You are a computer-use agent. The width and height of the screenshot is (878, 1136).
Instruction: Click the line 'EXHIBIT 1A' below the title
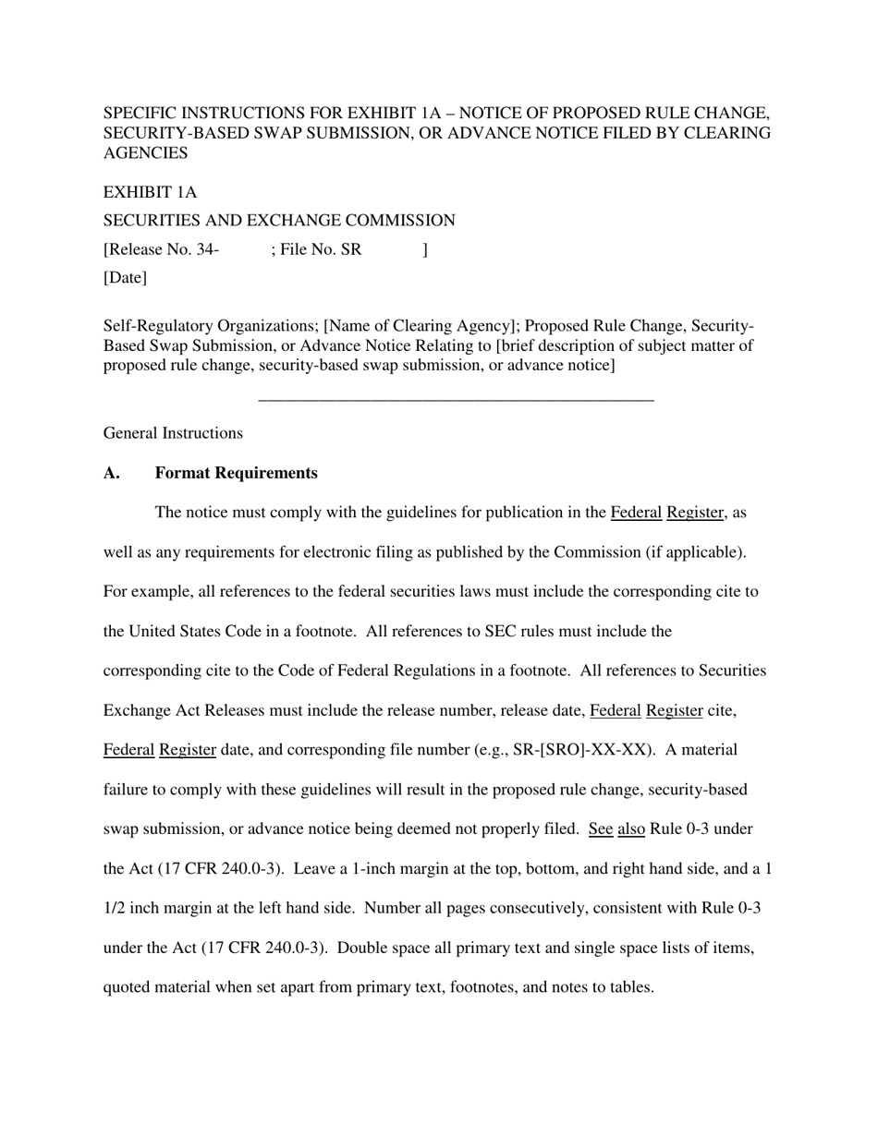tap(150, 192)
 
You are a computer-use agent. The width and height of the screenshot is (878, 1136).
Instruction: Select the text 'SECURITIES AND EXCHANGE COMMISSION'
tap(279, 221)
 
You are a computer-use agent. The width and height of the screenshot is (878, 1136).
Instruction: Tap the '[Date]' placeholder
tap(125, 277)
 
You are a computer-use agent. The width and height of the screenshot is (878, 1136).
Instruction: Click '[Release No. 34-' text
tap(161, 249)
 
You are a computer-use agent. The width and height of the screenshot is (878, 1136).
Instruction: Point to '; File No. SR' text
tap(316, 249)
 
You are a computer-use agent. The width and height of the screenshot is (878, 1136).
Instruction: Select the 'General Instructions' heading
tap(173, 433)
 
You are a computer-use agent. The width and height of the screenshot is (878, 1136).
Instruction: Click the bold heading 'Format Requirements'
tap(236, 473)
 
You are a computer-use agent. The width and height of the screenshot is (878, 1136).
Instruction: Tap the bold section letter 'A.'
tap(112, 473)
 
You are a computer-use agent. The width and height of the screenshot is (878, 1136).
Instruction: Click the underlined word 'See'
tap(600, 829)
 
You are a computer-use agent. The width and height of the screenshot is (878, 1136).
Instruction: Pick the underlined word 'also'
tap(630, 829)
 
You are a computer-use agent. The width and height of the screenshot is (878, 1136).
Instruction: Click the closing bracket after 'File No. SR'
tap(424, 249)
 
